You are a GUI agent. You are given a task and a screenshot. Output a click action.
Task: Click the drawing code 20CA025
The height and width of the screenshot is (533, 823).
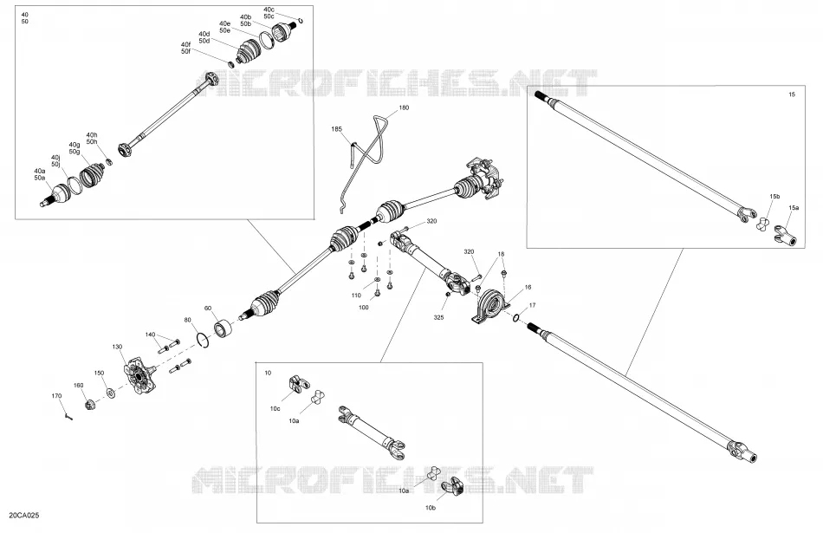tap(24, 516)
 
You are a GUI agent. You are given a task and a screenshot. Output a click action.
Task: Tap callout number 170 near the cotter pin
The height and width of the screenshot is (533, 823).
tap(56, 396)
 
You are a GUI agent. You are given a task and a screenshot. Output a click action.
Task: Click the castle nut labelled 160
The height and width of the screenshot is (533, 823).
tap(90, 405)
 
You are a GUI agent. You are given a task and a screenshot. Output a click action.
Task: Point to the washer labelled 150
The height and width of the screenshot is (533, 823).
tap(111, 392)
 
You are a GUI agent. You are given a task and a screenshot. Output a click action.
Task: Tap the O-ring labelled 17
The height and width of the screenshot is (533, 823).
tap(516, 317)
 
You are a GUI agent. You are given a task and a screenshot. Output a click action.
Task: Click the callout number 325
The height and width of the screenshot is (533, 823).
tap(439, 317)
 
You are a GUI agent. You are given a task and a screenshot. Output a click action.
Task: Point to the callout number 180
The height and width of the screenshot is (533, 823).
tap(405, 107)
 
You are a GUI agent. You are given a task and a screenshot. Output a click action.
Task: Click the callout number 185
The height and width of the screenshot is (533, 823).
tap(336, 128)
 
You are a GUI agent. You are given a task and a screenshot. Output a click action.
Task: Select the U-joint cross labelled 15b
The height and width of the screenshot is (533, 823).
tap(762, 224)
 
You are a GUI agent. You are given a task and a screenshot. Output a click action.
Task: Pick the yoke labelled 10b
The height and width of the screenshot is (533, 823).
tap(452, 487)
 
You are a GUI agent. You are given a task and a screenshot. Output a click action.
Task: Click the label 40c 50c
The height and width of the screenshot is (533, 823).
tap(269, 13)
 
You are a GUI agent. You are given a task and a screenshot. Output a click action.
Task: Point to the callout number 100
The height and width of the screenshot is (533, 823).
tap(363, 307)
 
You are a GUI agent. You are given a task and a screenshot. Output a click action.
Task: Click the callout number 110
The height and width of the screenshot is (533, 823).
tap(356, 296)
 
